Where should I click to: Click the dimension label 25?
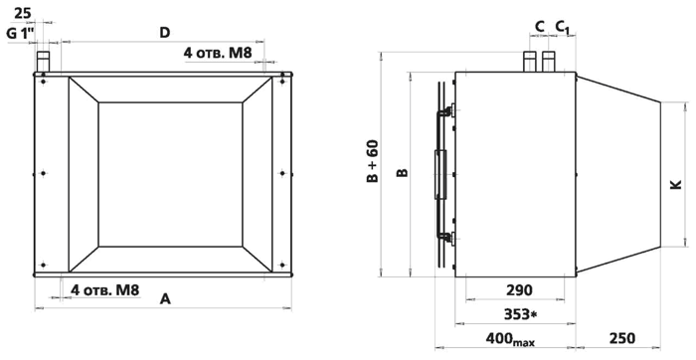pos(23,13)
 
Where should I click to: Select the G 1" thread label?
pos(21,33)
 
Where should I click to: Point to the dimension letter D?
pos(165,33)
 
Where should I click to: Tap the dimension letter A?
pos(165,299)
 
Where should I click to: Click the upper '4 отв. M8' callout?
pos(218,54)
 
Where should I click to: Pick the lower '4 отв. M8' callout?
pos(105,290)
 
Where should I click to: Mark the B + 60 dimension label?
pos(373,161)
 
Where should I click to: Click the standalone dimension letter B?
pos(402,172)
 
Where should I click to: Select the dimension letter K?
pos(675,184)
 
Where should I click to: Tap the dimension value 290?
pos(519,290)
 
